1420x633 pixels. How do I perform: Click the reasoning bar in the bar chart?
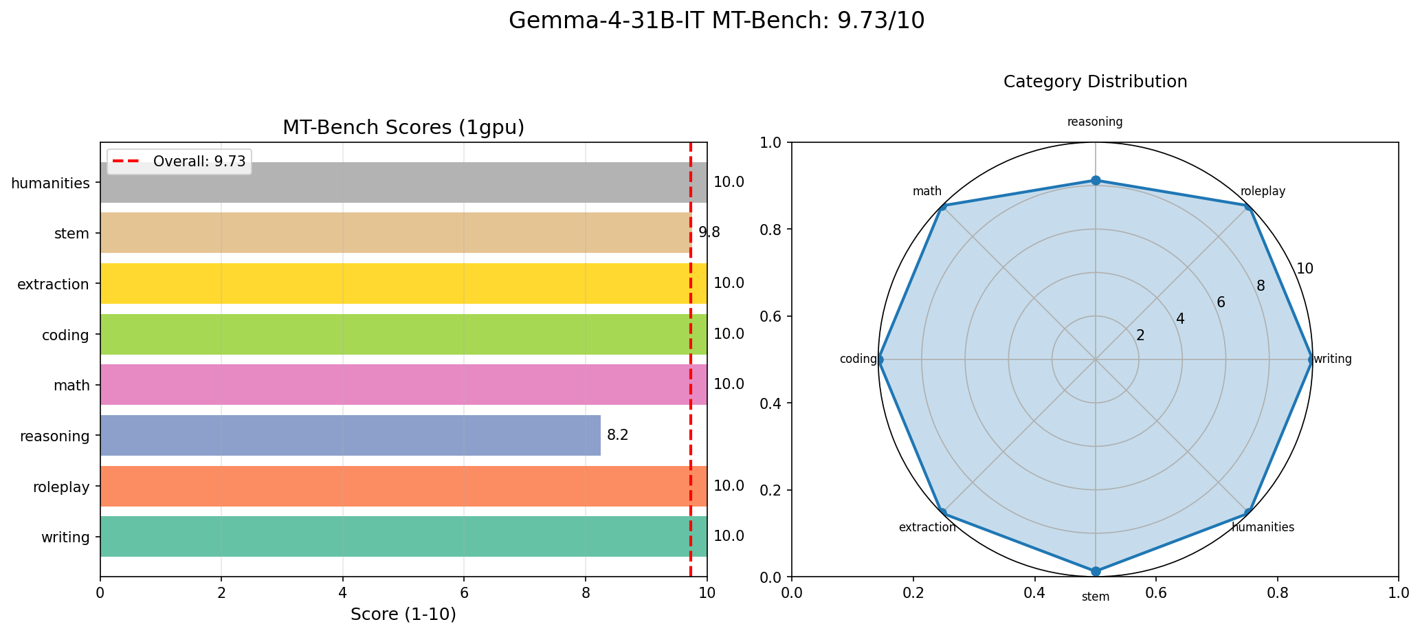coord(351,435)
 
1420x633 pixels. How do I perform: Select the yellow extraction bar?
coord(403,283)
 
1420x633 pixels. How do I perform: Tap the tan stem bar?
coord(396,233)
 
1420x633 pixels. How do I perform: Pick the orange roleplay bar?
coord(403,486)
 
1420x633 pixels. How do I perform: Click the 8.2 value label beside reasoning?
coord(618,435)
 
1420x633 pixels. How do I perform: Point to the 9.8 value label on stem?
coord(709,233)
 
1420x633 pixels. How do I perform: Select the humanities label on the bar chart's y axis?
coord(51,183)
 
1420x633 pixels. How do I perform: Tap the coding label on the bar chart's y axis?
coord(65,335)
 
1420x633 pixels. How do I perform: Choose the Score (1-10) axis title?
coord(403,614)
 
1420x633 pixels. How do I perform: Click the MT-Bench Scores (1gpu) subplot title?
coord(403,128)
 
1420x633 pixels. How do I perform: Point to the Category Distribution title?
coord(1095,82)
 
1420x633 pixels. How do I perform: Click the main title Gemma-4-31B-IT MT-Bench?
coord(716,21)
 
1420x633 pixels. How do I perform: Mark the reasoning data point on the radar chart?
coord(1096,181)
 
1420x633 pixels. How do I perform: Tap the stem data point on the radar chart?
coord(1096,571)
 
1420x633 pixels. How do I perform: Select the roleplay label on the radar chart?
coord(1263,192)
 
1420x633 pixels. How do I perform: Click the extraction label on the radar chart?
coord(927,528)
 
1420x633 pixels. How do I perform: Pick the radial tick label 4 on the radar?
coord(1180,319)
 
